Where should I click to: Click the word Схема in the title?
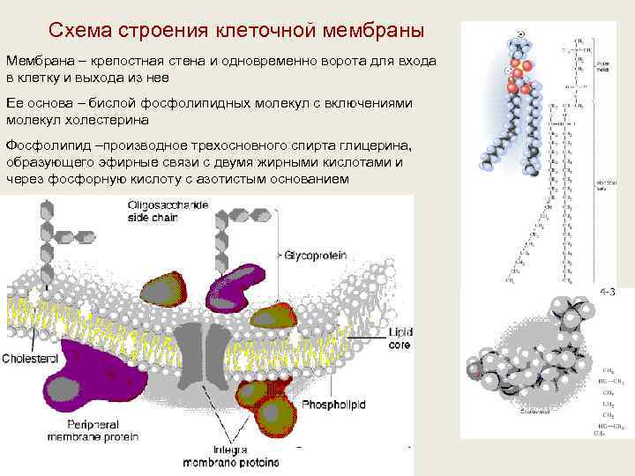tap(83, 32)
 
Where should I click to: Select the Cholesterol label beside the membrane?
tap(30, 359)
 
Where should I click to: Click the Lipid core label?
tap(399, 338)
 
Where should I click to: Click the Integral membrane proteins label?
tap(231, 456)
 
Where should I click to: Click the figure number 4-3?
tap(608, 291)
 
